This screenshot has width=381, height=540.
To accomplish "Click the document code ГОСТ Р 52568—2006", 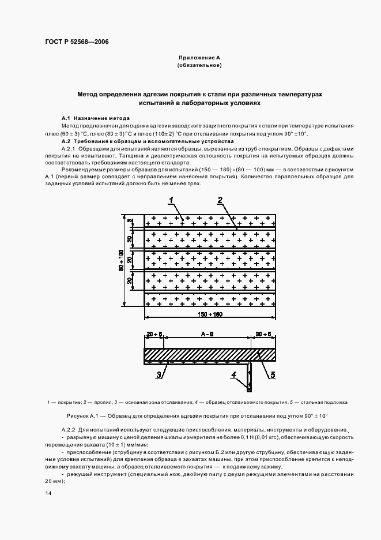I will [77, 42].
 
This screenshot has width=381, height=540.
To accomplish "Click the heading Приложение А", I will [199, 58].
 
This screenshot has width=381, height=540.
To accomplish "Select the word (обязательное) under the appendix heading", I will [199, 66].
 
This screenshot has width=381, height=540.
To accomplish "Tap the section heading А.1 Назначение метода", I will [91, 118].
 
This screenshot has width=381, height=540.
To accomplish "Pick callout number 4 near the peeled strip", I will [234, 376].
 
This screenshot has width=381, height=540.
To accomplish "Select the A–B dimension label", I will [206, 333].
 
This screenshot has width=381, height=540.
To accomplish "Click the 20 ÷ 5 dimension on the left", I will [154, 333].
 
